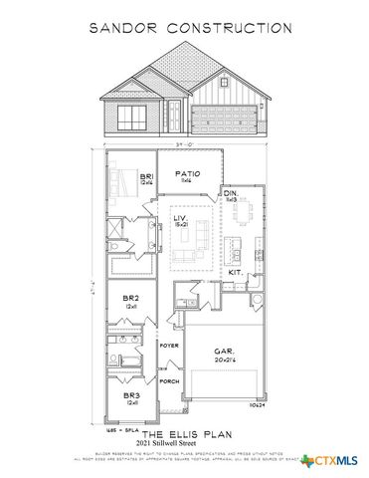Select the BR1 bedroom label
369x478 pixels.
pyautogui.click(x=145, y=177)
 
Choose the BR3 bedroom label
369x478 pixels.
pyautogui.click(x=130, y=396)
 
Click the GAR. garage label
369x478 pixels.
pyautogui.click(x=225, y=352)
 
